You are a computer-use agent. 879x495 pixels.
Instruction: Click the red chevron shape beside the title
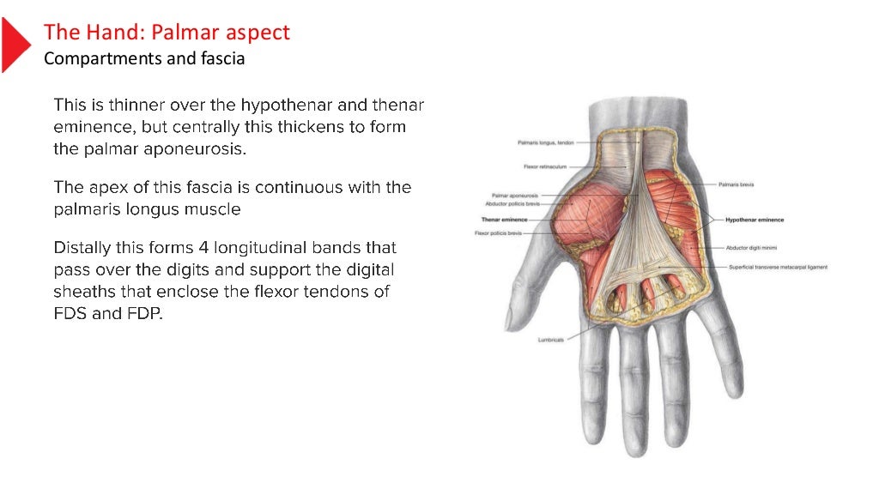(x=15, y=44)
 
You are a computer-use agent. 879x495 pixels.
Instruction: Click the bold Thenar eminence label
(x=504, y=219)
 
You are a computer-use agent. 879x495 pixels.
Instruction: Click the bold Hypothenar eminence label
(x=755, y=220)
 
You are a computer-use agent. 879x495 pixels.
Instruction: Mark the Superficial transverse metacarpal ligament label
(x=778, y=267)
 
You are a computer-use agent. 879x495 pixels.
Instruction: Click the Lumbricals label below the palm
(x=551, y=340)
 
